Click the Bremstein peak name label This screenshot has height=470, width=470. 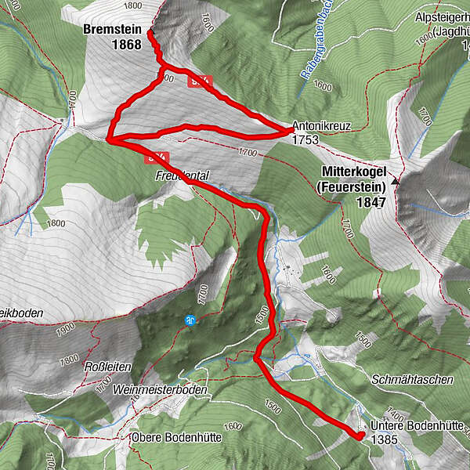112,30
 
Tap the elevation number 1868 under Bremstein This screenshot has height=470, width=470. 125,45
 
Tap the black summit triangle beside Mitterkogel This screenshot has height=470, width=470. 396,182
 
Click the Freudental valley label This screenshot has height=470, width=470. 181,177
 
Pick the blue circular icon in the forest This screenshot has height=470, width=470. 190,320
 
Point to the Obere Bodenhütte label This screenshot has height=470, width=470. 176,436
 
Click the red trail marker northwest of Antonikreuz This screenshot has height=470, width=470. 200,80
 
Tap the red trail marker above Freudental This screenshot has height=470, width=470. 157,157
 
